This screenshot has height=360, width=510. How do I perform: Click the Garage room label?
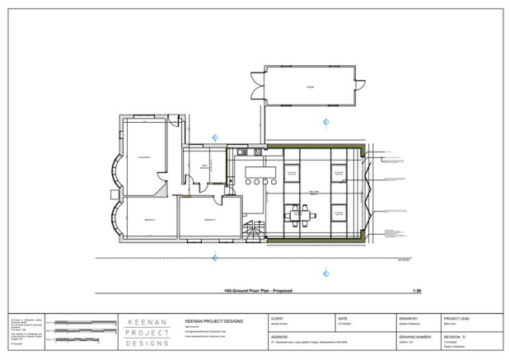311,86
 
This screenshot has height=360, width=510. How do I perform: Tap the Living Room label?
142,156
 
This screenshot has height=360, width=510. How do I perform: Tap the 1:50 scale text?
416,291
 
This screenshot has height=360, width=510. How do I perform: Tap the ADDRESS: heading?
279,337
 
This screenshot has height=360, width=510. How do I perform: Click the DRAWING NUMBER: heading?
416,337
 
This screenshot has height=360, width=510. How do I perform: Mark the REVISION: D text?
455,337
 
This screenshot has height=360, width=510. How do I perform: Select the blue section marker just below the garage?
326,124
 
